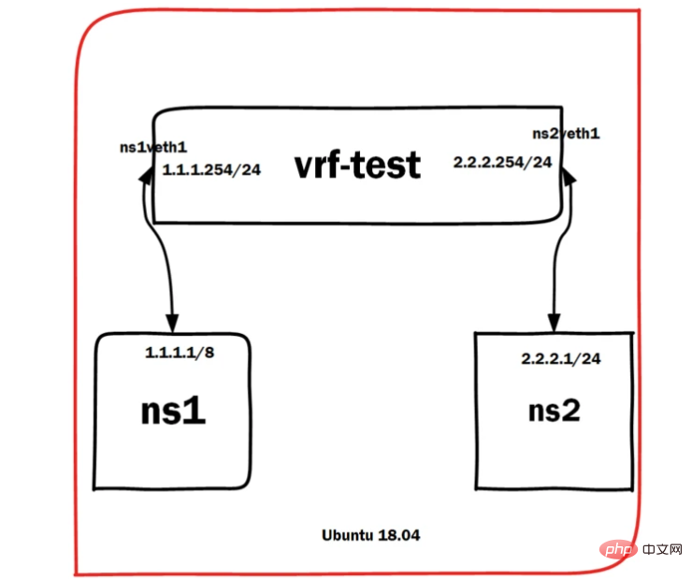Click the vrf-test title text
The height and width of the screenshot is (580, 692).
[x=358, y=166]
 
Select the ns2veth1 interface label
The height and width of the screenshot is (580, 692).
[x=566, y=134]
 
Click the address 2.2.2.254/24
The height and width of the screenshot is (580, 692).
[x=502, y=163]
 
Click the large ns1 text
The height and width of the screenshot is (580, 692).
[x=173, y=412]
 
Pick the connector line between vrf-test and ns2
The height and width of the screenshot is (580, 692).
[x=561, y=253]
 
